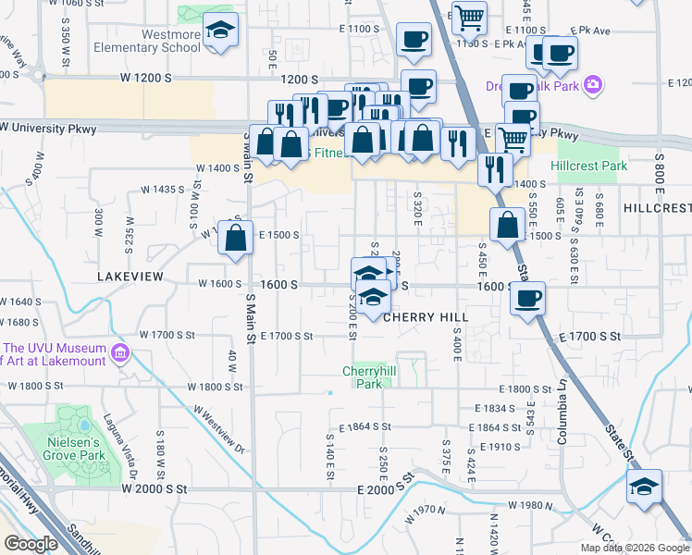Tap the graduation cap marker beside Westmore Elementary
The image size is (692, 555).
pos(220,31)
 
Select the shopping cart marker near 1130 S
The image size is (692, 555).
pos(469,17)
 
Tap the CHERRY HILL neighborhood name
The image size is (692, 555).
pos(426,316)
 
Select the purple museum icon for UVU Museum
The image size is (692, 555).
pos(119,353)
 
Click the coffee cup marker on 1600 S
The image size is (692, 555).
pos(527,299)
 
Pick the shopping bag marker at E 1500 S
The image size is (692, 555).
pos(507,225)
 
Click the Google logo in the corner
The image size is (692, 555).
pos(31,544)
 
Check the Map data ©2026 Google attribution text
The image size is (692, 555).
pos(634,548)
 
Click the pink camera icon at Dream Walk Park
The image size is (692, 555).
pos(592,85)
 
